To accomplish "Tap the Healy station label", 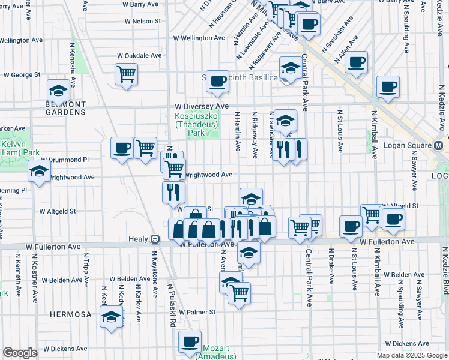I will point(138,239).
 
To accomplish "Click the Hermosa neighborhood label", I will point(70,314).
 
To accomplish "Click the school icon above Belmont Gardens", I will point(58,91).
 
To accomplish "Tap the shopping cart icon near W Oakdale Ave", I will point(126,74).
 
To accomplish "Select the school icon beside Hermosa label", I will point(111,316).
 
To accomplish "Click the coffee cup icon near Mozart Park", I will point(190,341).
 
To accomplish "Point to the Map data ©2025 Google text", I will point(411,355).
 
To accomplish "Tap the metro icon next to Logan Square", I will point(439,146).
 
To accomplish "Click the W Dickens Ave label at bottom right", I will point(408,344).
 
